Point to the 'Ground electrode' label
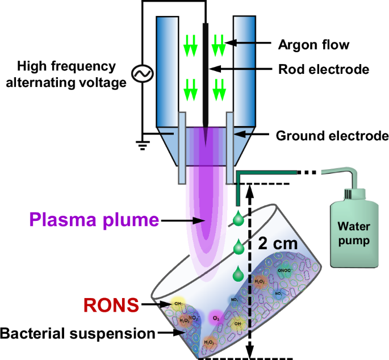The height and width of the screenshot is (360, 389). [x=332, y=136]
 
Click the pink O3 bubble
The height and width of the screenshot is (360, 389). [x=215, y=317]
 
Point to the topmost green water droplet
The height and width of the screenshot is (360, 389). [x=239, y=219]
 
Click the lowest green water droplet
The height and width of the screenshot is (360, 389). [x=239, y=275]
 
